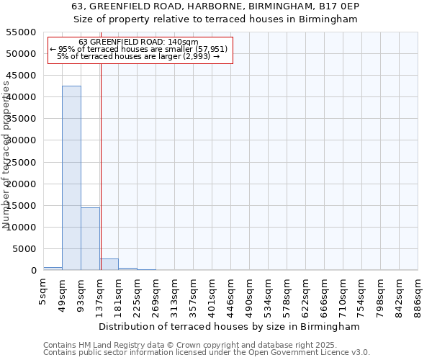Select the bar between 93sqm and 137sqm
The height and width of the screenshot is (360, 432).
pos(90,238)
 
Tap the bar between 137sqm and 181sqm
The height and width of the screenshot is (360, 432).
pos(109,264)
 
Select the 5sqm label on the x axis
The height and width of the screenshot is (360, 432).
pos(44,295)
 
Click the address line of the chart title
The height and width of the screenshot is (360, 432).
pos(215,6)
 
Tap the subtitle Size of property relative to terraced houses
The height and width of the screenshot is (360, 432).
pos(215,19)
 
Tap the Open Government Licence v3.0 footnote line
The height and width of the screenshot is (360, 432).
pos(207,353)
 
